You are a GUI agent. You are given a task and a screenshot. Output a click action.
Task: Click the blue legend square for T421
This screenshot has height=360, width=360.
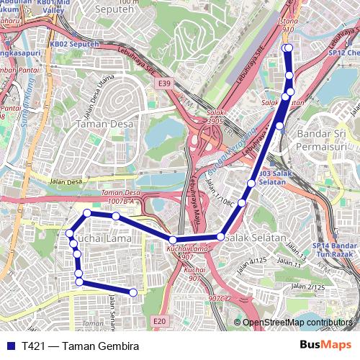point(9,346)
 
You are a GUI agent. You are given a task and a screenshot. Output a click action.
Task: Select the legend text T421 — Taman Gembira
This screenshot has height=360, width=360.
point(80,346)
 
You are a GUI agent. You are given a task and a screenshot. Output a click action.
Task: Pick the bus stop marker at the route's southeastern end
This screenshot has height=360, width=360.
point(133,292)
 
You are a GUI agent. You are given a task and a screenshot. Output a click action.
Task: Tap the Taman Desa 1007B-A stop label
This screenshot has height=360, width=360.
point(120,198)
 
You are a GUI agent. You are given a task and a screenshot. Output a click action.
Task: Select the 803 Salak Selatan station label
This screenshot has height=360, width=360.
point(273,178)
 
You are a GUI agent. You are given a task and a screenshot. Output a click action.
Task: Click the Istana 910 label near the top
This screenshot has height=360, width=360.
point(288,26)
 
